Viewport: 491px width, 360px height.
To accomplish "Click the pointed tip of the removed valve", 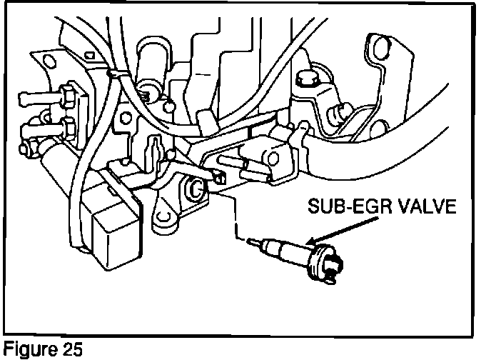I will (x=250, y=241).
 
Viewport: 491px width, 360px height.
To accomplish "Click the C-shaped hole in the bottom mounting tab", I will (x=164, y=214).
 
